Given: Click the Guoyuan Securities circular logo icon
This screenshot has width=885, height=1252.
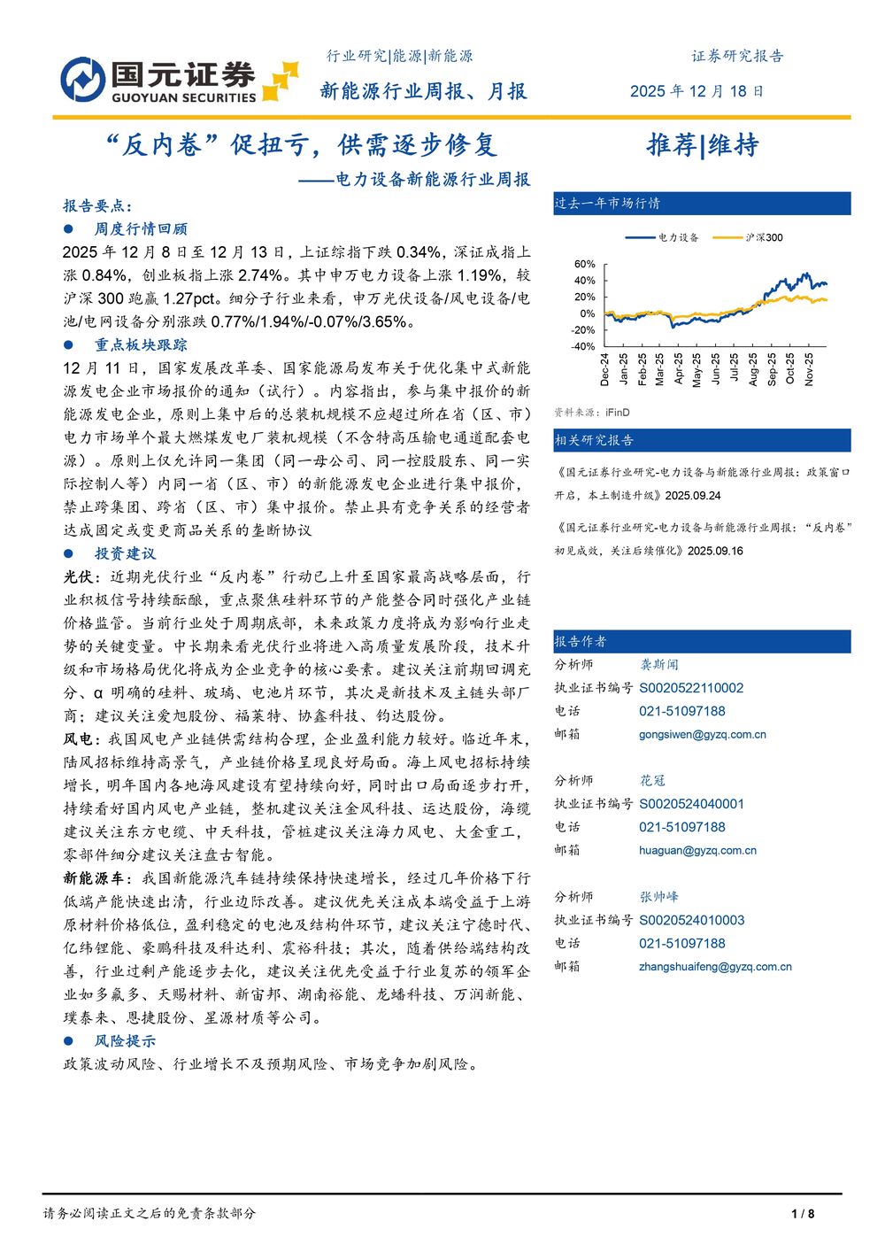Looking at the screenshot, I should pyautogui.click(x=83, y=80).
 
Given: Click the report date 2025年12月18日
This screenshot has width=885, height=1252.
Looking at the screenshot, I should pyautogui.click(x=696, y=91).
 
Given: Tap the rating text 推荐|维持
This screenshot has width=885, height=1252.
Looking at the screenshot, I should pyautogui.click(x=703, y=145).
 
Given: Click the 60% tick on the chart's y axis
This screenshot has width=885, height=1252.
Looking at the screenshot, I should pyautogui.click(x=584, y=264).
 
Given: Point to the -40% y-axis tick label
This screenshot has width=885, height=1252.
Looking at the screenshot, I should pyautogui.click(x=582, y=346).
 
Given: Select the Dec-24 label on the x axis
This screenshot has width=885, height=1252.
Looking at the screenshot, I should pyautogui.click(x=604, y=370).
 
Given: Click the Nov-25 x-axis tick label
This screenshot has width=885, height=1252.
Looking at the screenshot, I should pyautogui.click(x=809, y=370).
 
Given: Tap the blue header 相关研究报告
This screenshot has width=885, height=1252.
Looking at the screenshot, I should pyautogui.click(x=594, y=440).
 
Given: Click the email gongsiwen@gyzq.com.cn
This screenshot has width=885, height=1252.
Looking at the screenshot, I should pyautogui.click(x=703, y=734).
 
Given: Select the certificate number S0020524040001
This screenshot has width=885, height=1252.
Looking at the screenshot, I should pyautogui.click(x=691, y=804).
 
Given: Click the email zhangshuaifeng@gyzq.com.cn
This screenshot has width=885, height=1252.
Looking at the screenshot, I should pyautogui.click(x=715, y=967).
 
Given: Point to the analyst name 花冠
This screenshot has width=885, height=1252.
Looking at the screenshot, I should pyautogui.click(x=652, y=781).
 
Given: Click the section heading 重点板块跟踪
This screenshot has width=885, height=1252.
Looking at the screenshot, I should pyautogui.click(x=141, y=344).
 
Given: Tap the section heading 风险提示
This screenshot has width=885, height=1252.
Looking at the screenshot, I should pyautogui.click(x=125, y=1040).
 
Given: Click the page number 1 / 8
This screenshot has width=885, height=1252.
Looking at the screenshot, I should pyautogui.click(x=803, y=1213).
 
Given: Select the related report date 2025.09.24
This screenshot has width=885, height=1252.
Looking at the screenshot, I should pyautogui.click(x=693, y=496).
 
